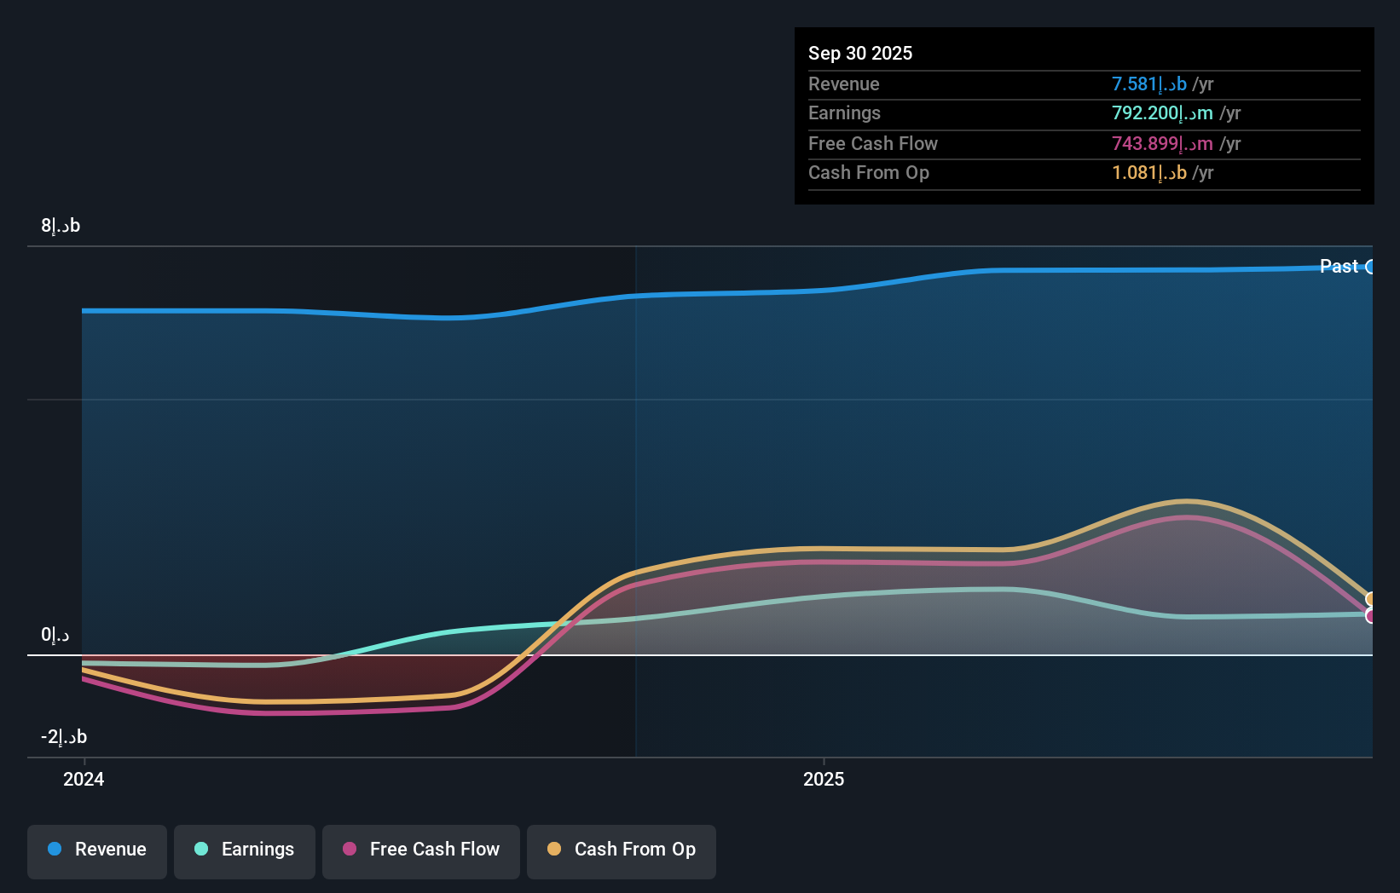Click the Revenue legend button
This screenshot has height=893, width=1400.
coord(97,850)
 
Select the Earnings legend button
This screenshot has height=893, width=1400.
coord(245,850)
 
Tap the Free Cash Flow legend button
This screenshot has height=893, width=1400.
coord(421,850)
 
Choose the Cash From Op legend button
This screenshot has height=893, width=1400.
coord(622,850)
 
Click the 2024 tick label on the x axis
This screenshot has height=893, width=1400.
coord(84,779)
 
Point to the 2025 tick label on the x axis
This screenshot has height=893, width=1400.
coord(824,779)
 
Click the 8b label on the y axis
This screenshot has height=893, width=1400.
coord(61,226)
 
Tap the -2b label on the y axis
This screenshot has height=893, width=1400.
coord(64,737)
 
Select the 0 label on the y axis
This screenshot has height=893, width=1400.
coord(55,635)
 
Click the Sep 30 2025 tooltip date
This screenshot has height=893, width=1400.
coord(860,53)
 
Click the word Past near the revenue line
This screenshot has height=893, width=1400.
coord(1339,266)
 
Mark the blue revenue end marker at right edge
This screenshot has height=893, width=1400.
coord(1370,267)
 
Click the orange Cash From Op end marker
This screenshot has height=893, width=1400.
coord(1370,599)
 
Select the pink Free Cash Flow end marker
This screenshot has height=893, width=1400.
coord(1370,615)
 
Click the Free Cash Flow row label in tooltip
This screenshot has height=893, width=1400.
coord(873,143)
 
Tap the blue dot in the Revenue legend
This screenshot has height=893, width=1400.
coord(55,849)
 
